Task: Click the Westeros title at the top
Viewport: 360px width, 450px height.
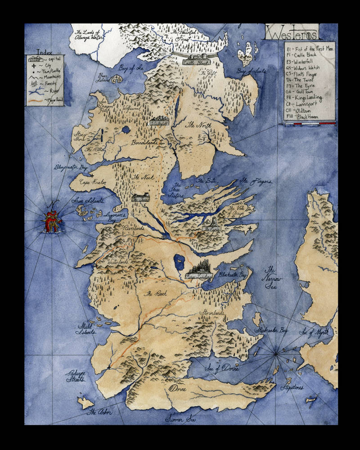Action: [293, 33]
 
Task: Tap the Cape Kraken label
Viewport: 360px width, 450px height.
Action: [93, 182]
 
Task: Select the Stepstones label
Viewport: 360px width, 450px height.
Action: [291, 386]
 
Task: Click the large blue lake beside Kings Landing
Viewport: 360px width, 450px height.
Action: [179, 262]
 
